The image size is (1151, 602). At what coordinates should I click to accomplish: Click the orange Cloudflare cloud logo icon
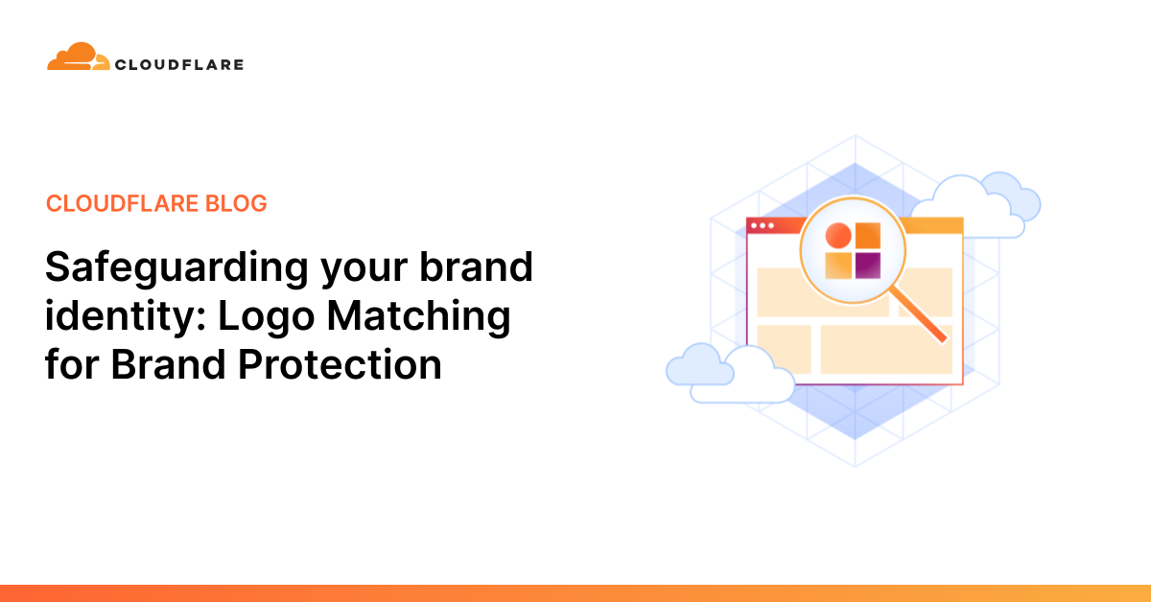point(78,57)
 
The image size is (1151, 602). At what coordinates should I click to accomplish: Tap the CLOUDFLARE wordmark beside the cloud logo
point(179,65)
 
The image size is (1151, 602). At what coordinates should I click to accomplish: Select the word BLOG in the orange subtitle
point(236,203)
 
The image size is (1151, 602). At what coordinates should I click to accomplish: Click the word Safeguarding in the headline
point(176,268)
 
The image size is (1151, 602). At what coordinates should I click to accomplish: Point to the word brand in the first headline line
point(477,266)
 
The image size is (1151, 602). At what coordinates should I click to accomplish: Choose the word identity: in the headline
point(126,317)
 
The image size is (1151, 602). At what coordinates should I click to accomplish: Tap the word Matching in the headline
point(419,317)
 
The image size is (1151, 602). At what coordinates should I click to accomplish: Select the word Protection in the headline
point(340,364)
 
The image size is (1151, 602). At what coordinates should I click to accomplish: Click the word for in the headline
point(71,363)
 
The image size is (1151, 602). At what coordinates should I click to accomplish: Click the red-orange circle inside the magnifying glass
point(838,236)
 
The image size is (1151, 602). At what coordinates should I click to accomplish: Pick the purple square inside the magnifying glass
point(868,266)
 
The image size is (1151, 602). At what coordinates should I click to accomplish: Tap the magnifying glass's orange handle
point(918,313)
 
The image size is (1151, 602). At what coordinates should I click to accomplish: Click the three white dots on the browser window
point(763,225)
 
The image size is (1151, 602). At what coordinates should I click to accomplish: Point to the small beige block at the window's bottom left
point(785,349)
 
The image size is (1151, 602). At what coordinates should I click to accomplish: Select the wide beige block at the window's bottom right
point(886,349)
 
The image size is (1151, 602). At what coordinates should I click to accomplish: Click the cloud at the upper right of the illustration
point(976,205)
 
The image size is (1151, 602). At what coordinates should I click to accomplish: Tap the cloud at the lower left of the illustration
point(730,373)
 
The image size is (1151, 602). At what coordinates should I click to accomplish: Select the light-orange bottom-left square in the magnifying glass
point(838,266)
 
